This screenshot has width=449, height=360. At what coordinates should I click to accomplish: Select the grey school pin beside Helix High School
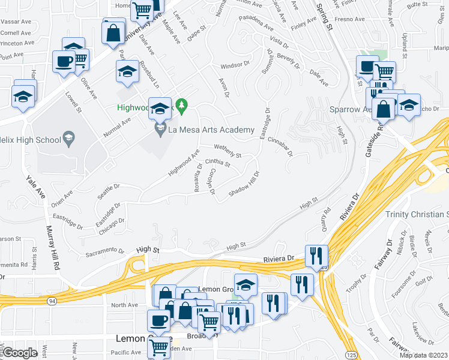click(x=70, y=138)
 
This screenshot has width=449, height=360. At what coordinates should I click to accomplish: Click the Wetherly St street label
click(x=228, y=151)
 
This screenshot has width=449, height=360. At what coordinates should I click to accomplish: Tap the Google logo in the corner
click(x=20, y=353)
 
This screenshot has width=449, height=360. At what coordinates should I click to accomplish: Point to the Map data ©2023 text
click(x=424, y=355)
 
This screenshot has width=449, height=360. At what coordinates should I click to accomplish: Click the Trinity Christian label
click(x=417, y=214)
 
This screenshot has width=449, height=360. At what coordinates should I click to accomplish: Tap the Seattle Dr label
click(x=108, y=191)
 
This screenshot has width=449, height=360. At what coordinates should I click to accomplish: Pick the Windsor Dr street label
click(x=235, y=63)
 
